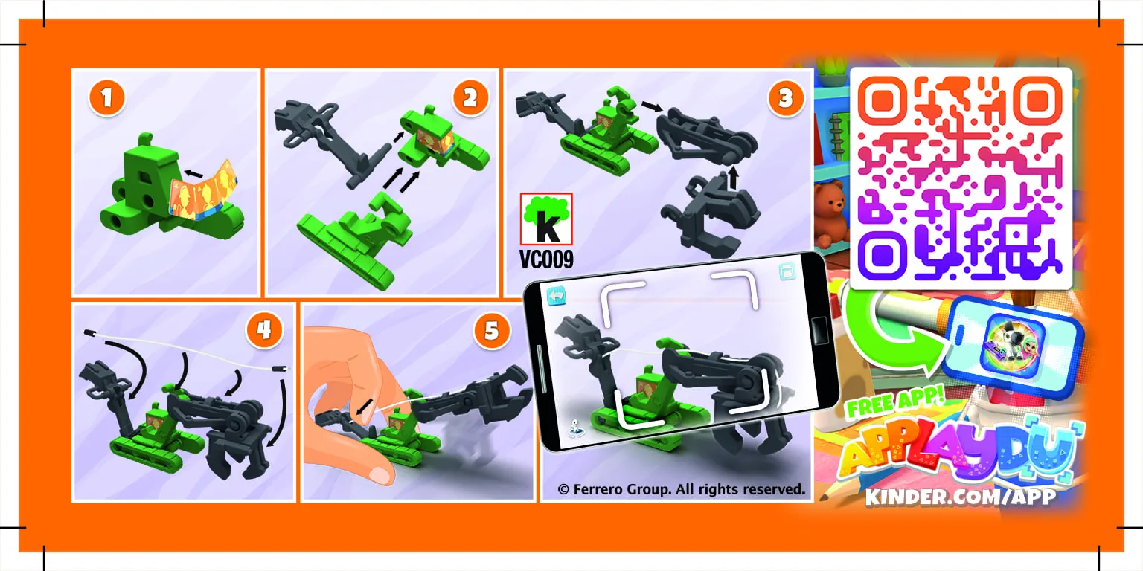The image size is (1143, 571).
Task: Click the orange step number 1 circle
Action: point(106,97)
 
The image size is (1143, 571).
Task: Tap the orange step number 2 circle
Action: point(470,97)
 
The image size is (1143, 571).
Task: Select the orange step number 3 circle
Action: point(785,97)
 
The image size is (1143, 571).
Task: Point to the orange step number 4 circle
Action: point(264,330)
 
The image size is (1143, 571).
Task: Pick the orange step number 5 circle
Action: point(491,331)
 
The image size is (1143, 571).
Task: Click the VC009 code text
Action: point(546,259)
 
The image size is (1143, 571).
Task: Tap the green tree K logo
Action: point(546,219)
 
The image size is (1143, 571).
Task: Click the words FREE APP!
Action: point(894,402)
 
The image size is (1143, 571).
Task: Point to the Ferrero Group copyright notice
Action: point(681,489)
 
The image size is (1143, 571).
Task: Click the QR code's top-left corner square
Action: point(883,101)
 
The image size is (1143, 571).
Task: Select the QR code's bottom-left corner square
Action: point(883,256)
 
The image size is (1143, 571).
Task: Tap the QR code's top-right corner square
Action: point(1038,101)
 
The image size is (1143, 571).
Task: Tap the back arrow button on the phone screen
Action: point(557,296)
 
